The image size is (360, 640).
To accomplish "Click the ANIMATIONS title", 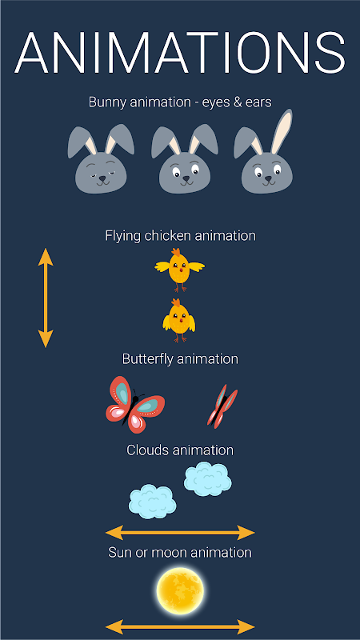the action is (x=180, y=53).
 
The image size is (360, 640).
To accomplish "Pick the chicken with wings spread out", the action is (x=179, y=270).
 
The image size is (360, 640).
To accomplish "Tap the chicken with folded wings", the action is (x=178, y=320).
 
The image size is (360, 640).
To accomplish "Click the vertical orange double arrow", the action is (x=46, y=298).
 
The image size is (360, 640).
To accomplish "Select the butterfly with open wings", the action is (x=135, y=405).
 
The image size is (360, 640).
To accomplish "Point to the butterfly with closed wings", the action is (x=222, y=406).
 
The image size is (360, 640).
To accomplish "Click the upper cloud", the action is (x=208, y=479).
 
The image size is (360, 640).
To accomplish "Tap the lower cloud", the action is (x=153, y=502).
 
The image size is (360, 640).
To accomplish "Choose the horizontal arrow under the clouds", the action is (x=180, y=533).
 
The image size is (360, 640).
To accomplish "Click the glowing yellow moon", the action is (x=180, y=591).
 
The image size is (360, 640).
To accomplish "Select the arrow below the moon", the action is (x=180, y=626).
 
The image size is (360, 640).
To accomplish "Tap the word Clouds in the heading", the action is (x=148, y=450).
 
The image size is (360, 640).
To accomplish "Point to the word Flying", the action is (x=123, y=236).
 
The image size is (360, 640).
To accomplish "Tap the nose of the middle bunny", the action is (x=186, y=178).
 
